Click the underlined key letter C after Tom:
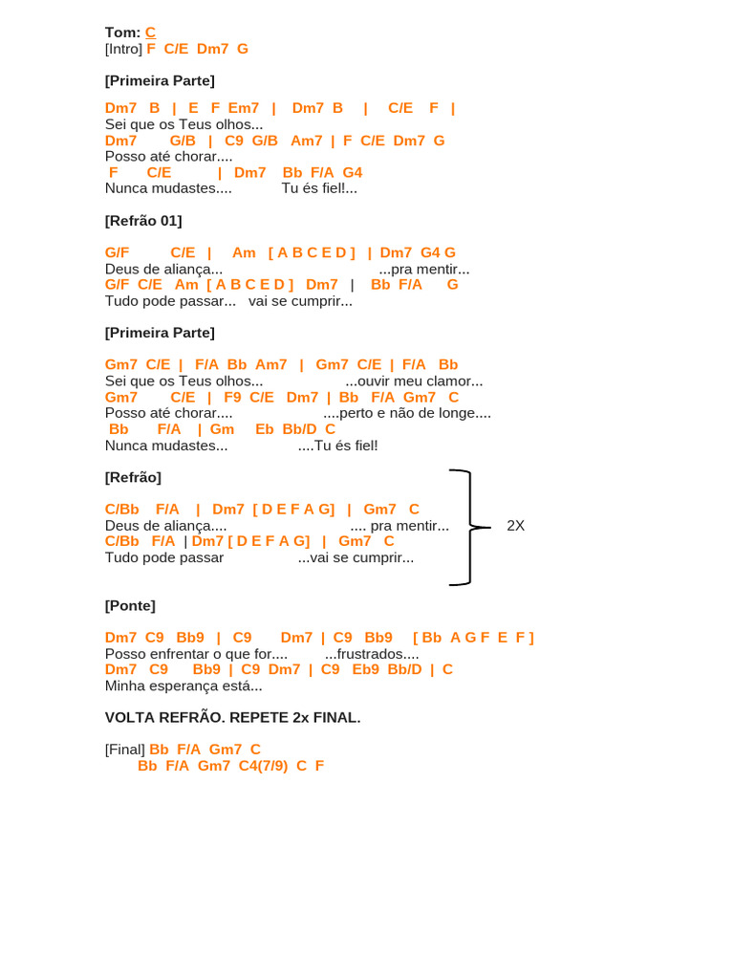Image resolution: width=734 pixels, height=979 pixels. tap(150, 33)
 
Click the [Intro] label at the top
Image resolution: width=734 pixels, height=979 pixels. tap(123, 49)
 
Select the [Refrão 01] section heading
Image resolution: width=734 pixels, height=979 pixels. tap(143, 221)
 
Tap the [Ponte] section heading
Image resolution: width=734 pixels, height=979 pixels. tap(130, 605)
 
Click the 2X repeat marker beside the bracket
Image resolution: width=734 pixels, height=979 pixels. tap(515, 526)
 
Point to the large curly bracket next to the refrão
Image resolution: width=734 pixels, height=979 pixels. tap(462, 527)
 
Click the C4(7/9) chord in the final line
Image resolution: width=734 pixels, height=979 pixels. tap(263, 766)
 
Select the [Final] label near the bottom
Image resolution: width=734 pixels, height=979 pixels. tap(125, 750)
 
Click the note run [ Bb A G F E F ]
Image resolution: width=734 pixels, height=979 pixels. tap(473, 638)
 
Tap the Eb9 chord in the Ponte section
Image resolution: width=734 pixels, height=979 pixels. tap(365, 669)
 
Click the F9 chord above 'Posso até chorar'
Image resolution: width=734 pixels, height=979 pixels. tap(232, 397)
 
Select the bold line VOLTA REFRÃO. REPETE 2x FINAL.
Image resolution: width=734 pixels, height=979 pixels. tap(232, 717)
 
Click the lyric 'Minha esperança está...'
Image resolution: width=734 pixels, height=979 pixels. tap(183, 685)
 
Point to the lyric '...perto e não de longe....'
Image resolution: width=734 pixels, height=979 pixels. tap(407, 413)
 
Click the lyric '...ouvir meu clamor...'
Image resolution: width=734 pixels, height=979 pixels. tap(414, 381)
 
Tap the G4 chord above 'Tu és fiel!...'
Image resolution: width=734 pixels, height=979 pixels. tap(352, 172)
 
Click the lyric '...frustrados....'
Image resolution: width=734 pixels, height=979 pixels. tap(372, 654)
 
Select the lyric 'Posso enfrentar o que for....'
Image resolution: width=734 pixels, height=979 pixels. tap(196, 654)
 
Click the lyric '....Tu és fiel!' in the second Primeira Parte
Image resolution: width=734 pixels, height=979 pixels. tap(337, 446)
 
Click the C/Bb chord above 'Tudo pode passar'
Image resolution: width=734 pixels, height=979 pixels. tap(122, 541)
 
